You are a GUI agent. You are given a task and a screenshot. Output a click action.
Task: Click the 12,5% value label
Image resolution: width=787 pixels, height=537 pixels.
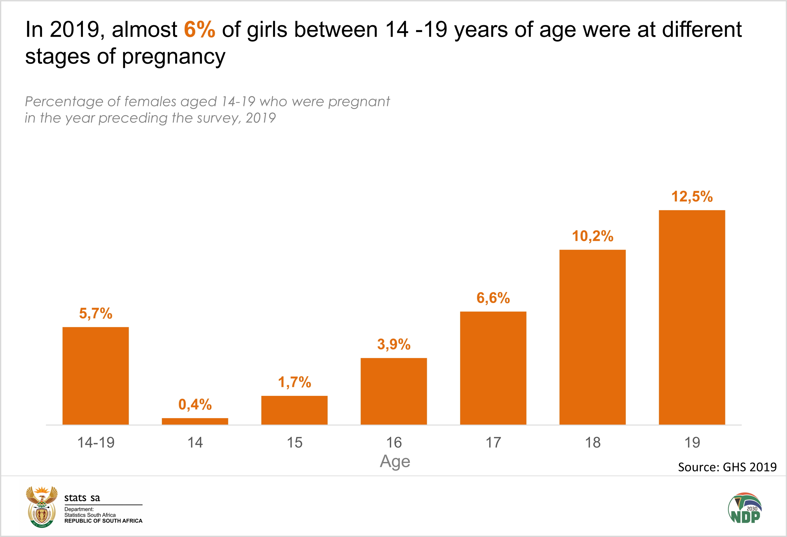(692, 197)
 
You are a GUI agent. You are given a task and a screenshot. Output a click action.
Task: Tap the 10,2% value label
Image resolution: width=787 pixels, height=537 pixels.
(592, 236)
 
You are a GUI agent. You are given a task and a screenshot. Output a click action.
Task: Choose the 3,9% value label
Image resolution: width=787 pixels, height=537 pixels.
(393, 344)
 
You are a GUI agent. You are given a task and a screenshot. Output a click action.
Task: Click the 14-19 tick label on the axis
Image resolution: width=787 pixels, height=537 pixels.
(96, 443)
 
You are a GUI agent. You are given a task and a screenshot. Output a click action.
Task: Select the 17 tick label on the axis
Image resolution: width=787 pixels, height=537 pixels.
(493, 443)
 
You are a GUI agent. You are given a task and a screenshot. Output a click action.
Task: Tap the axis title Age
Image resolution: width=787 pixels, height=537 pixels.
(395, 461)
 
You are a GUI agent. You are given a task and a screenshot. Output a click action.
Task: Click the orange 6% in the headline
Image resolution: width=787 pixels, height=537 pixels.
(199, 29)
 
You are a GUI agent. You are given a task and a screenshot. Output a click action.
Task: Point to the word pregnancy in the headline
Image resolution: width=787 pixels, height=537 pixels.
(173, 57)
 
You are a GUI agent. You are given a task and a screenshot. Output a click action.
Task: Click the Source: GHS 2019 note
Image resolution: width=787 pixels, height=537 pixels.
(727, 467)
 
